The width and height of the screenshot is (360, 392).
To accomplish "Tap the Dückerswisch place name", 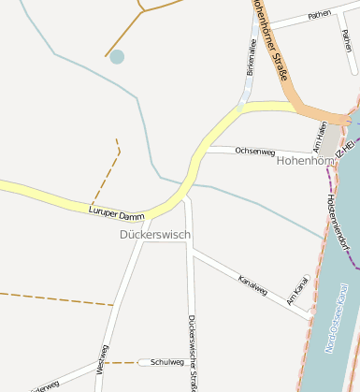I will pos(155,234).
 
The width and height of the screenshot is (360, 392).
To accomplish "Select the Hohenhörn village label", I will pos(306,161).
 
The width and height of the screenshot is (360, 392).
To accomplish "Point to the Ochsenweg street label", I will pos(254,150).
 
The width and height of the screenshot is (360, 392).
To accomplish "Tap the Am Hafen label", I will pos(321,136).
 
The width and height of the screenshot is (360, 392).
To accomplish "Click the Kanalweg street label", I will pos(252,284).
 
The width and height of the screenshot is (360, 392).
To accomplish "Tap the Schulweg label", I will pos(167,362).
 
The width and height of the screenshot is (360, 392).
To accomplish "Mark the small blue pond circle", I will pos(117,57).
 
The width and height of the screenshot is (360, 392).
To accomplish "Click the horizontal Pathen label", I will pos(319,15).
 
